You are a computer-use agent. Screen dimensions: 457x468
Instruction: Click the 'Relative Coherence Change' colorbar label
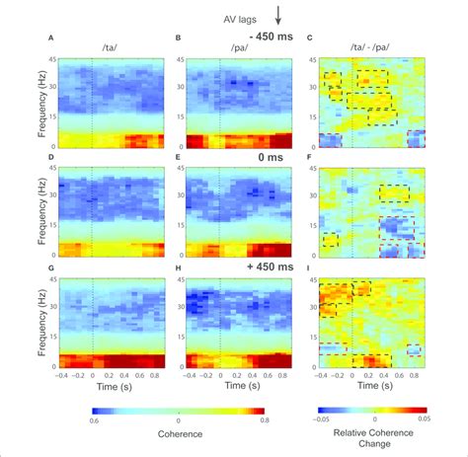tap(370, 437)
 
